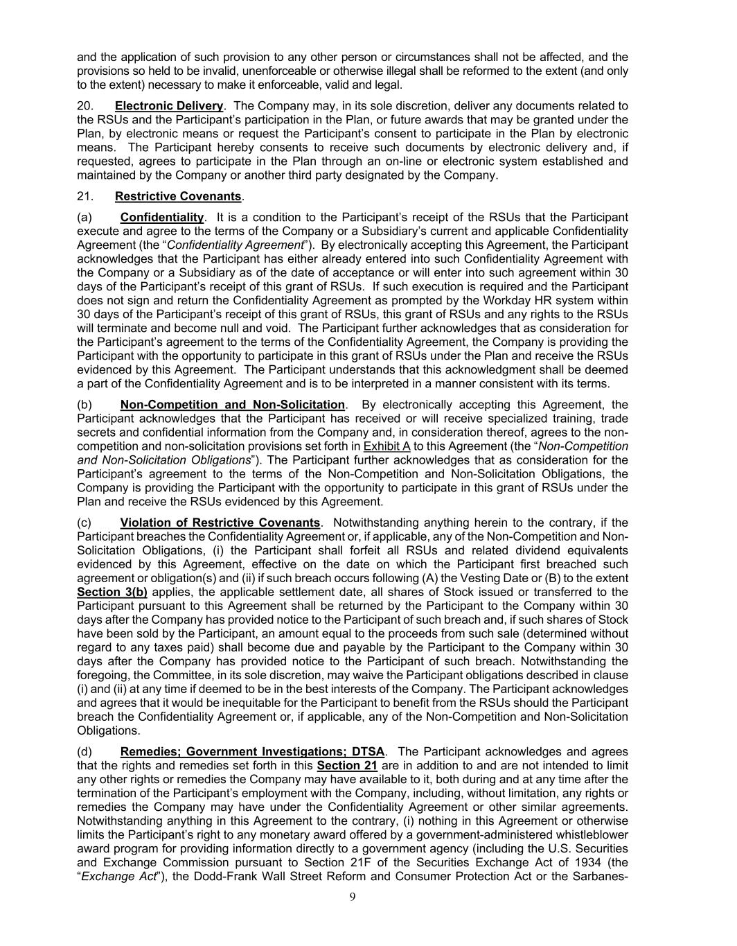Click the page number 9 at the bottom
[x=353, y=897]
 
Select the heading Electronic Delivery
[x=169, y=106]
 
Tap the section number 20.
[x=85, y=106]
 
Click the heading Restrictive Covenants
[x=178, y=196]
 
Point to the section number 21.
[x=85, y=196]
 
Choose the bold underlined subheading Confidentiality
[x=162, y=217]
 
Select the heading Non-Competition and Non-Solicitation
[x=232, y=405]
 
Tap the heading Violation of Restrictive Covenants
[x=220, y=523]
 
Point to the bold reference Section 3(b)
[x=112, y=592]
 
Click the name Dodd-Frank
[x=236, y=876]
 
